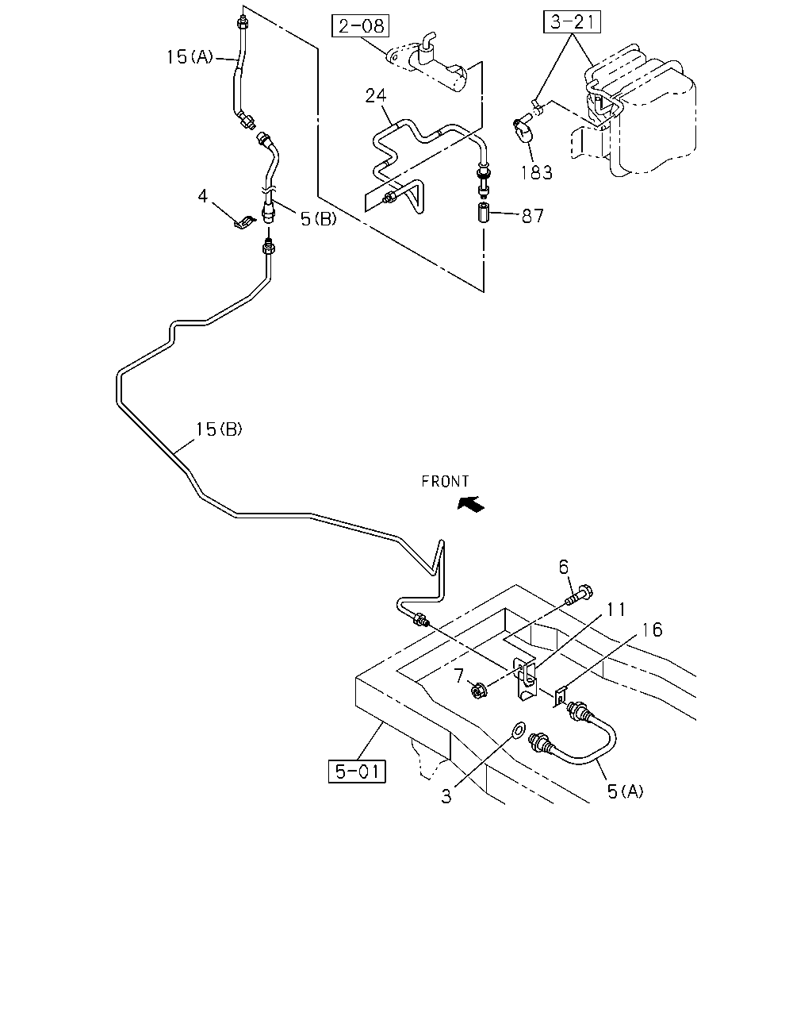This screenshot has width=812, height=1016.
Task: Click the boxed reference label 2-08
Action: [x=360, y=25]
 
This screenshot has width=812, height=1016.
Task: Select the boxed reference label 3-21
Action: [x=572, y=21]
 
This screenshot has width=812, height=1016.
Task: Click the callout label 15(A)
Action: [x=190, y=56]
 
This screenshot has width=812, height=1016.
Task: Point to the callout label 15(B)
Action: [x=219, y=429]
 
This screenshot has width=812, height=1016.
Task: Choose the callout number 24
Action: [x=376, y=95]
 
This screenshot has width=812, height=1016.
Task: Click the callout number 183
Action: [x=537, y=173]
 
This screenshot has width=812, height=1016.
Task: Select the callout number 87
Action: [x=533, y=216]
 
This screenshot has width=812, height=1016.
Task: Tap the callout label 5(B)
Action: [x=319, y=218]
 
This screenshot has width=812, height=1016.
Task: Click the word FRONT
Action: [x=445, y=481]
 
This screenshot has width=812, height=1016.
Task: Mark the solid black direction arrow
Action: [x=471, y=504]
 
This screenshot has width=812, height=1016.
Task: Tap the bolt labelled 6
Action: [x=578, y=596]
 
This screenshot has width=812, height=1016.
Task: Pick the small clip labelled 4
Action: [x=245, y=221]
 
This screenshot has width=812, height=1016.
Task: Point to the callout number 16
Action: [x=652, y=629]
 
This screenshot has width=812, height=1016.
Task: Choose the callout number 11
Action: [x=615, y=609]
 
